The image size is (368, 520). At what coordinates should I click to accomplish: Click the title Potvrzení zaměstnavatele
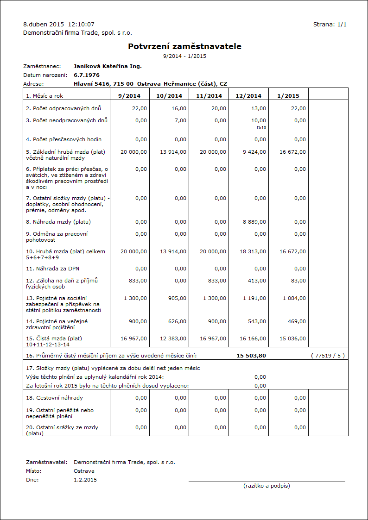click(x=184, y=46)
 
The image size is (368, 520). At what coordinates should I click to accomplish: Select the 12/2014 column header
click(x=248, y=96)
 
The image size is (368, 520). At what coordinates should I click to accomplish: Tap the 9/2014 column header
click(x=129, y=96)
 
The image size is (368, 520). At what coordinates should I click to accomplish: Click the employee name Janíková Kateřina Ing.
click(x=108, y=66)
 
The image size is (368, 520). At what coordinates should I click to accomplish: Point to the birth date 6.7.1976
click(x=87, y=75)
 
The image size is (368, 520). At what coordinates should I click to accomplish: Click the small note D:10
click(x=261, y=127)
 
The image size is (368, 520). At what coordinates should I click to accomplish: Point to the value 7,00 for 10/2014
click(x=180, y=120)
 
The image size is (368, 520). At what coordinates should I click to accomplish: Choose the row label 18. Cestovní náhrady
click(x=55, y=398)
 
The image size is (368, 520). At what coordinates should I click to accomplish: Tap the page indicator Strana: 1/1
click(x=330, y=24)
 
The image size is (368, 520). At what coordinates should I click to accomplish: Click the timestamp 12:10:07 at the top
click(x=81, y=24)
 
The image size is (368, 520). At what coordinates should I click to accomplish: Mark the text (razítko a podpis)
click(x=266, y=486)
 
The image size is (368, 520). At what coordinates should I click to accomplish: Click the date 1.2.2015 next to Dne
click(x=85, y=480)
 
